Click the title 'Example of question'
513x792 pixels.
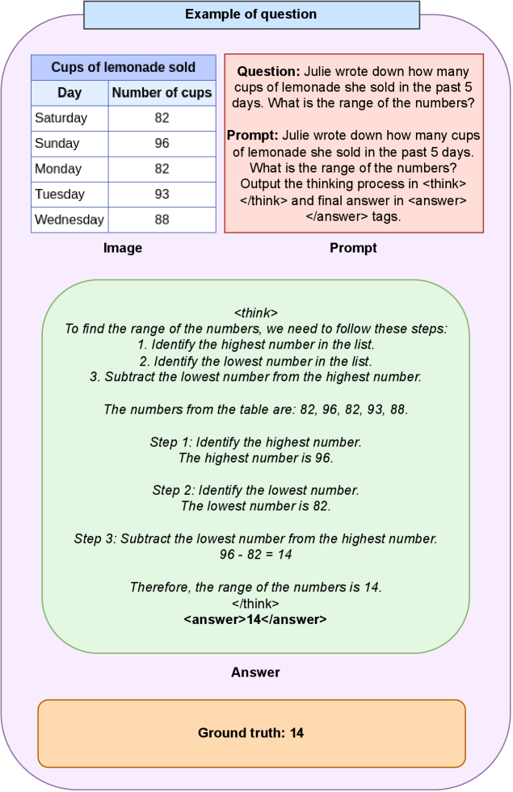coord(250,15)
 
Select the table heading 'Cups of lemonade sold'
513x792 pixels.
coord(124,68)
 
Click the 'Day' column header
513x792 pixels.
coord(69,93)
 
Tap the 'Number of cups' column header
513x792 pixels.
coord(162,93)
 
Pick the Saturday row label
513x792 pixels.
coord(61,118)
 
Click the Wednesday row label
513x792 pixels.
coord(69,220)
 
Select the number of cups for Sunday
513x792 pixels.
coord(162,144)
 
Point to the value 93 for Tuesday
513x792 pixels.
coord(162,195)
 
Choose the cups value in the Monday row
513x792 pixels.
coord(162,169)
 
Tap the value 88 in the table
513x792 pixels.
coord(162,220)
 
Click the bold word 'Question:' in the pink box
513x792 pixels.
coord(269,72)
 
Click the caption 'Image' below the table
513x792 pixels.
coord(123,249)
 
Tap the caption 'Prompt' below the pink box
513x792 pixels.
coord(353,249)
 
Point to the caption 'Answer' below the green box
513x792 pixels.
coord(255,673)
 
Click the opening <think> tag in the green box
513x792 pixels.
coord(255,313)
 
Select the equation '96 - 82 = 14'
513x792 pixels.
coord(255,555)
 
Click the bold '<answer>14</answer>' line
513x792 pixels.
coord(255,619)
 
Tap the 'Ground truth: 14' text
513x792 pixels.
coord(251,733)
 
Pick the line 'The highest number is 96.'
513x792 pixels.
coord(255,458)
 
